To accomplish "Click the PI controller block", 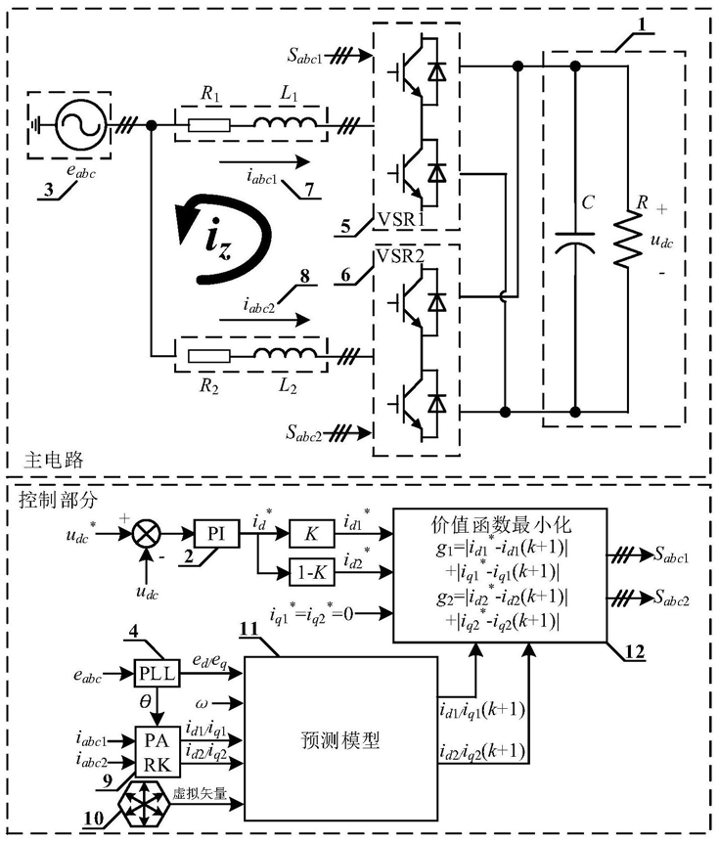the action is (x=216, y=534).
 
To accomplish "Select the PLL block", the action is (x=157, y=674).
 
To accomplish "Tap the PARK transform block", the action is (x=157, y=753).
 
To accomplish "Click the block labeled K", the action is (x=312, y=534).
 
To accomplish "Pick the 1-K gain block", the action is (x=312, y=573).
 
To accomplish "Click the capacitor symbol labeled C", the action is (x=575, y=241).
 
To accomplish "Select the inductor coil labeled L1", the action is (x=286, y=123).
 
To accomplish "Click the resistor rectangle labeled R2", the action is (x=209, y=356).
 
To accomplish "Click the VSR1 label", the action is (x=401, y=220).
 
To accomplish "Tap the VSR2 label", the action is (x=401, y=256).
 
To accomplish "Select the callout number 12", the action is (x=635, y=652).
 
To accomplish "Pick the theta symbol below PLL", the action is (x=145, y=701).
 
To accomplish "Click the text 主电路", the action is (x=54, y=461).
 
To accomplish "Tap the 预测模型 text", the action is (x=340, y=740).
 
